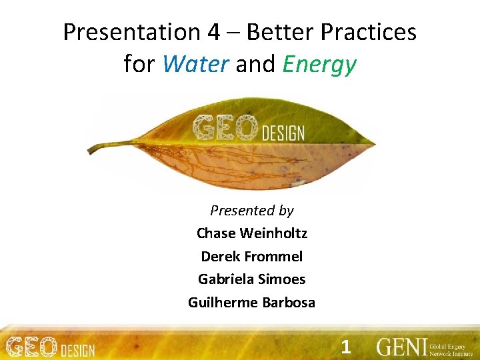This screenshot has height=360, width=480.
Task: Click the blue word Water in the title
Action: [195, 65]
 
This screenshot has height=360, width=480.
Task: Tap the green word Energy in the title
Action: [319, 65]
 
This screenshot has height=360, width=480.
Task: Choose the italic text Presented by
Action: [252, 211]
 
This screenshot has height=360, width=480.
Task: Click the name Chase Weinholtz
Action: [252, 233]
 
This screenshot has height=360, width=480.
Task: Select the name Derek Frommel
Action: [252, 257]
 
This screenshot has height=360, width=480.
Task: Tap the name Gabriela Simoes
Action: [252, 279]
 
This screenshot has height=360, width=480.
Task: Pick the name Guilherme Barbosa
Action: [252, 303]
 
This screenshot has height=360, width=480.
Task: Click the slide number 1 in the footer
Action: [345, 347]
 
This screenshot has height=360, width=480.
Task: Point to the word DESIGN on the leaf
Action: [283, 132]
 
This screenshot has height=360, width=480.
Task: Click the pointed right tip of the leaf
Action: [374, 143]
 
